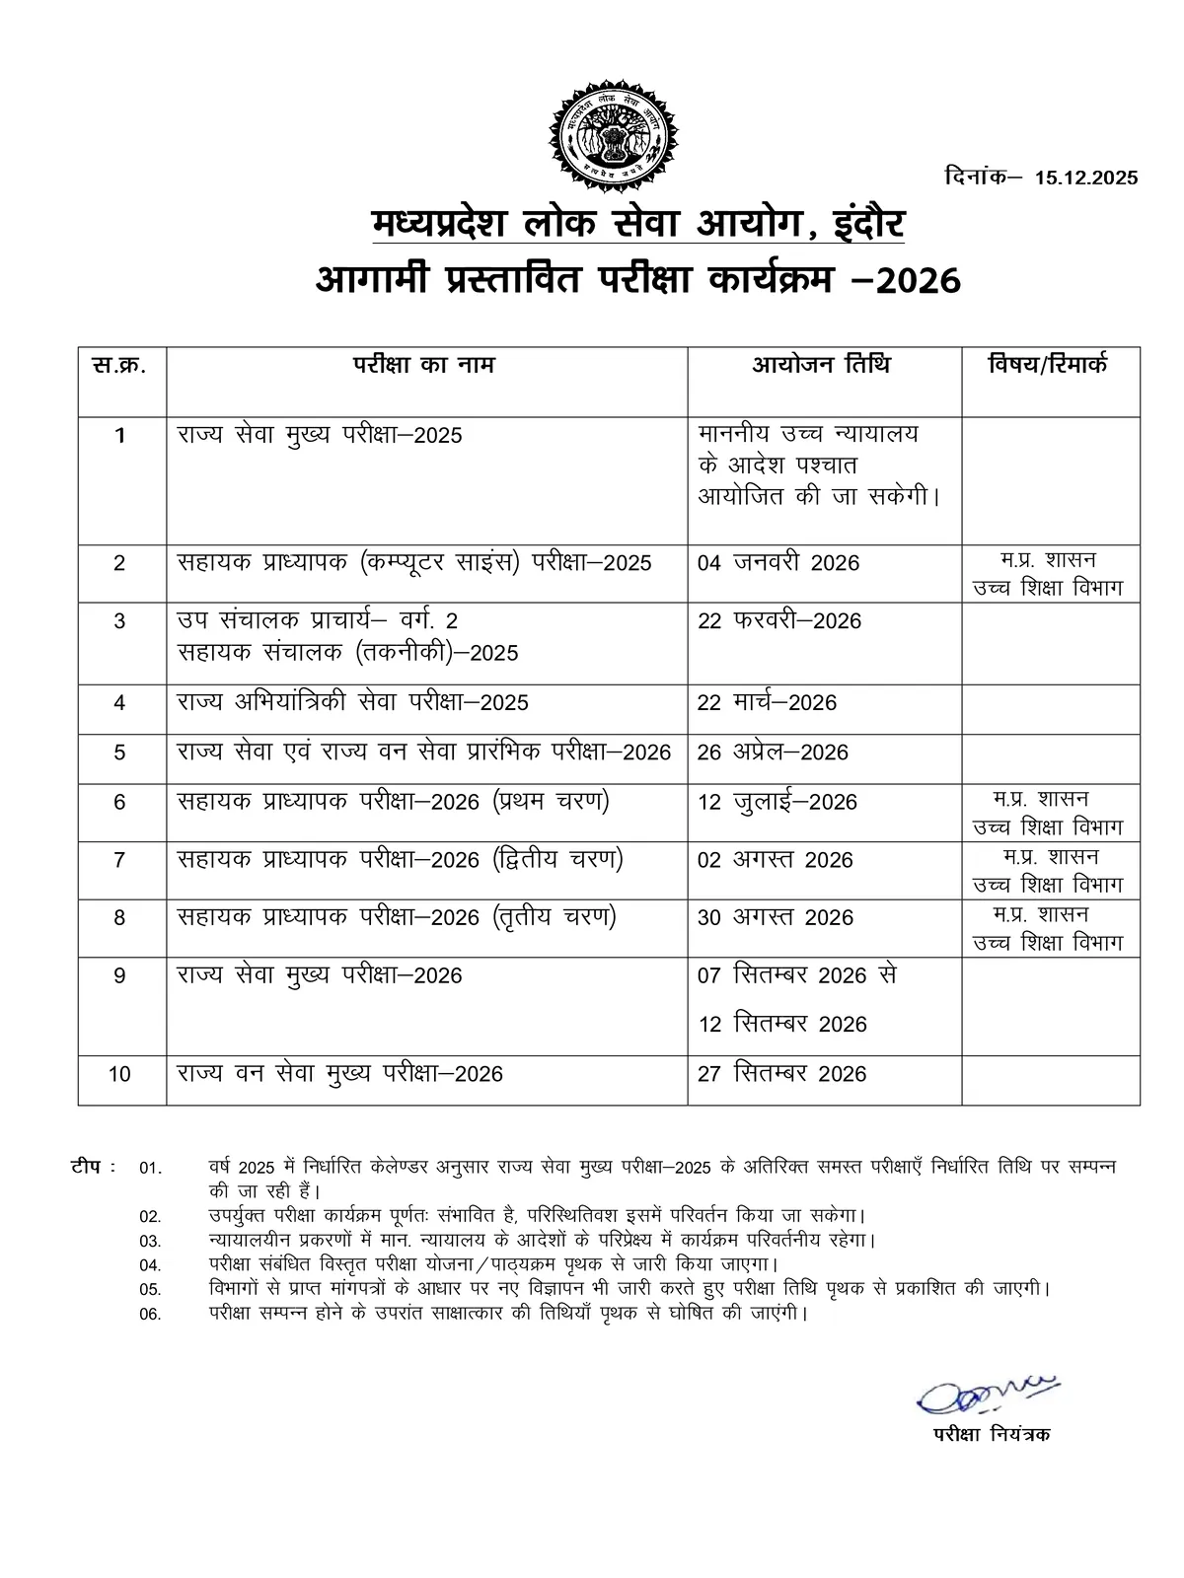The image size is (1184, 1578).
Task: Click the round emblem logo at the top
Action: pos(614,130)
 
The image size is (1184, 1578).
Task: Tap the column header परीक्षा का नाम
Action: pos(425,366)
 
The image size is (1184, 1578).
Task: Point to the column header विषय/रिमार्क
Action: pos(1048,366)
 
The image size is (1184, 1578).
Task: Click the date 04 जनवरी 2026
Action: pos(777,563)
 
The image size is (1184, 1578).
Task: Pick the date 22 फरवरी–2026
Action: pos(778,621)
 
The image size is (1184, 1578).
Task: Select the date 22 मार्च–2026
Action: pos(767,703)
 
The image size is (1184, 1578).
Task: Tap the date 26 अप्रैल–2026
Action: pos(773,753)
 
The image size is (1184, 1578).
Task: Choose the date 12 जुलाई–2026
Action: pos(777,803)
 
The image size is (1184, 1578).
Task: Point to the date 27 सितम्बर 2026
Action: pos(781,1074)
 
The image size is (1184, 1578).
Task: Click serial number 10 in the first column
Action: pos(119,1074)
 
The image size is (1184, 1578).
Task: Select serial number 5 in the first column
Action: pos(119,753)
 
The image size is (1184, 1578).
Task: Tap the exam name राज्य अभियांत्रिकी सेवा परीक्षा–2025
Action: pos(353,703)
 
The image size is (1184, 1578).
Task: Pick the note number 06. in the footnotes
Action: pos(150,1315)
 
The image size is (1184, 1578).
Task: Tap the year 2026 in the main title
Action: pos(918,281)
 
